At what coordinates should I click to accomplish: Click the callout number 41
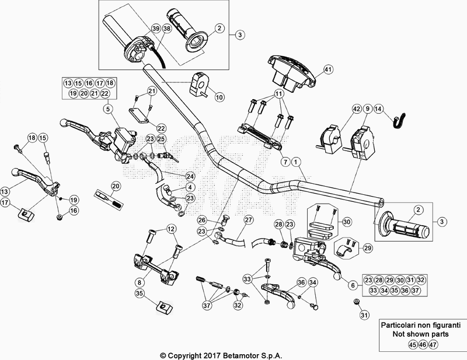[328, 69]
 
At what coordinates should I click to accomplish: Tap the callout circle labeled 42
[356, 109]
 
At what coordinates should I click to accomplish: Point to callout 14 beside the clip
[378, 109]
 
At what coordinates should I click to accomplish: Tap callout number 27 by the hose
[249, 220]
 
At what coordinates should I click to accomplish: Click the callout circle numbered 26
[202, 220]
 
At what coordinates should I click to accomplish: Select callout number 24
[190, 176]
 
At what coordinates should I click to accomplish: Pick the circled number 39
[155, 29]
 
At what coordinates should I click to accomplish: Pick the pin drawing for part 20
[111, 198]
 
